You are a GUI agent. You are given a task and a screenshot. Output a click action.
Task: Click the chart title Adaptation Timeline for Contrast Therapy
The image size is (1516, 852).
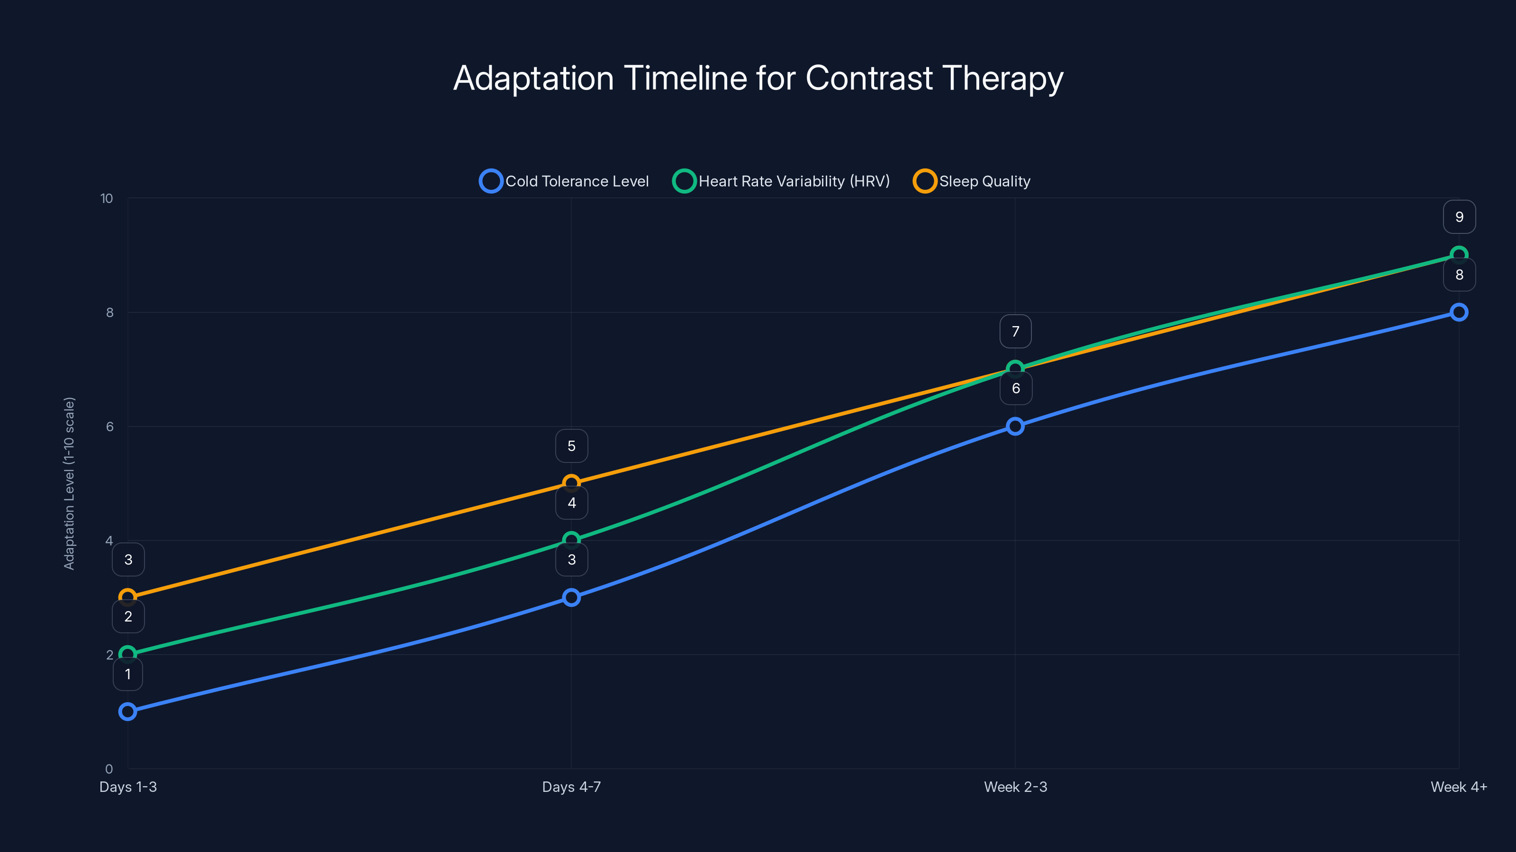pos(758,78)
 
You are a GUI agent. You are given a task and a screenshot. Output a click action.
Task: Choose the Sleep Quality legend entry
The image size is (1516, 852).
pos(972,181)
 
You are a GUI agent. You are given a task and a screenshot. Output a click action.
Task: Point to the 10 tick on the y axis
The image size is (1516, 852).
pos(107,199)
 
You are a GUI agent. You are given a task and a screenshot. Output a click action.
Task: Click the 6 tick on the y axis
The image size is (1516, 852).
pos(109,427)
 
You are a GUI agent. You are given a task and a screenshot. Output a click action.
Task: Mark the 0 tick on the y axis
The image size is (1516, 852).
pos(109,769)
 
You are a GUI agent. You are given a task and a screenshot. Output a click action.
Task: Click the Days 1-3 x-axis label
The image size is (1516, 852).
pos(128,787)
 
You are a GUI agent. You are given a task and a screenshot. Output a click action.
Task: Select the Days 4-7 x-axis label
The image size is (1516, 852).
pos(571,787)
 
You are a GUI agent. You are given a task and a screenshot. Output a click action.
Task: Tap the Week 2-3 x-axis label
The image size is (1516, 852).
pos(1015,787)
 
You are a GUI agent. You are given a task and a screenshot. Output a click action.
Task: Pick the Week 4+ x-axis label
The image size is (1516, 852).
pos(1458,787)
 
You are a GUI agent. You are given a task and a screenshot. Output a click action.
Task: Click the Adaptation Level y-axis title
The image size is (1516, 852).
pos(70,483)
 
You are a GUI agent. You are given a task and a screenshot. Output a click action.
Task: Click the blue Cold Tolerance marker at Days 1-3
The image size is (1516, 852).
pos(128,711)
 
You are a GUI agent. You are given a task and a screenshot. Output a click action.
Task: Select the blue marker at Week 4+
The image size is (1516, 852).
pos(1458,312)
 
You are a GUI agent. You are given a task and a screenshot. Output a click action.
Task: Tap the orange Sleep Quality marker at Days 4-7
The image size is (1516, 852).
pos(571,483)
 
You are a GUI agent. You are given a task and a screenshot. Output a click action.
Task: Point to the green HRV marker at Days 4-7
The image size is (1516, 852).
pos(571,540)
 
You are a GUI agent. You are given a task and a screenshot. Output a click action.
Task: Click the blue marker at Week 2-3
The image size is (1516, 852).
pos(1015,426)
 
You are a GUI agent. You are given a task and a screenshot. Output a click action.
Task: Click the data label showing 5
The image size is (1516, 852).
pos(571,446)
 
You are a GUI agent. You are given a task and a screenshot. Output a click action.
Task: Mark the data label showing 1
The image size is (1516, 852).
pos(128,674)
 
